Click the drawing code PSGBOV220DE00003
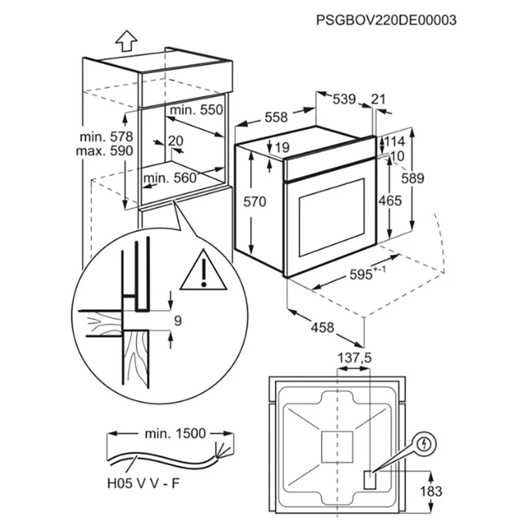point(386,20)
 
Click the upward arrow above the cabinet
point(126,41)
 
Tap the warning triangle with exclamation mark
point(203,269)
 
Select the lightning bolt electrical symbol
point(424,444)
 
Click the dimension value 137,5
point(354,358)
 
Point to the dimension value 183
point(431,492)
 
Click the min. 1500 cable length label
point(175,433)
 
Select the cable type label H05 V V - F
point(144,483)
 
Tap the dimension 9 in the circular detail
point(178,321)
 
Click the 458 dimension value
point(322,327)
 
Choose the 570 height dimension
point(255,202)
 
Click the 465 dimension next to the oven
point(390,201)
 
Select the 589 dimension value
point(413,179)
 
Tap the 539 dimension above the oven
point(344,99)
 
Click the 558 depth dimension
point(276,117)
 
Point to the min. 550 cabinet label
point(196,110)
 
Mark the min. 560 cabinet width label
point(170,178)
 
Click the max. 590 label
point(105,151)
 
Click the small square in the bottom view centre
point(337,447)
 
